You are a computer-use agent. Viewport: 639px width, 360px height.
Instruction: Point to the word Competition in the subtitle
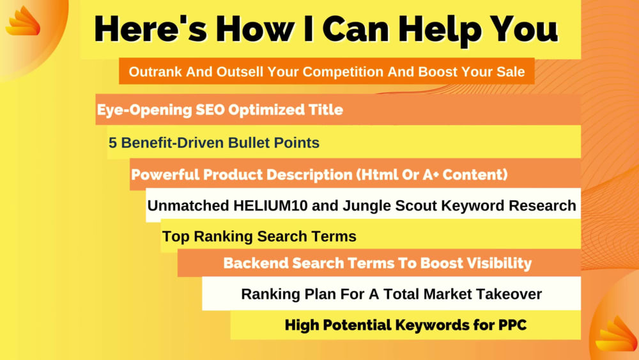tap(346, 72)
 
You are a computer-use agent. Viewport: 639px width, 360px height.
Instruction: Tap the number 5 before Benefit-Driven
tap(112, 143)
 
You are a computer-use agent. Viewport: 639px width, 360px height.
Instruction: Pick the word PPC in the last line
tap(512, 325)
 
